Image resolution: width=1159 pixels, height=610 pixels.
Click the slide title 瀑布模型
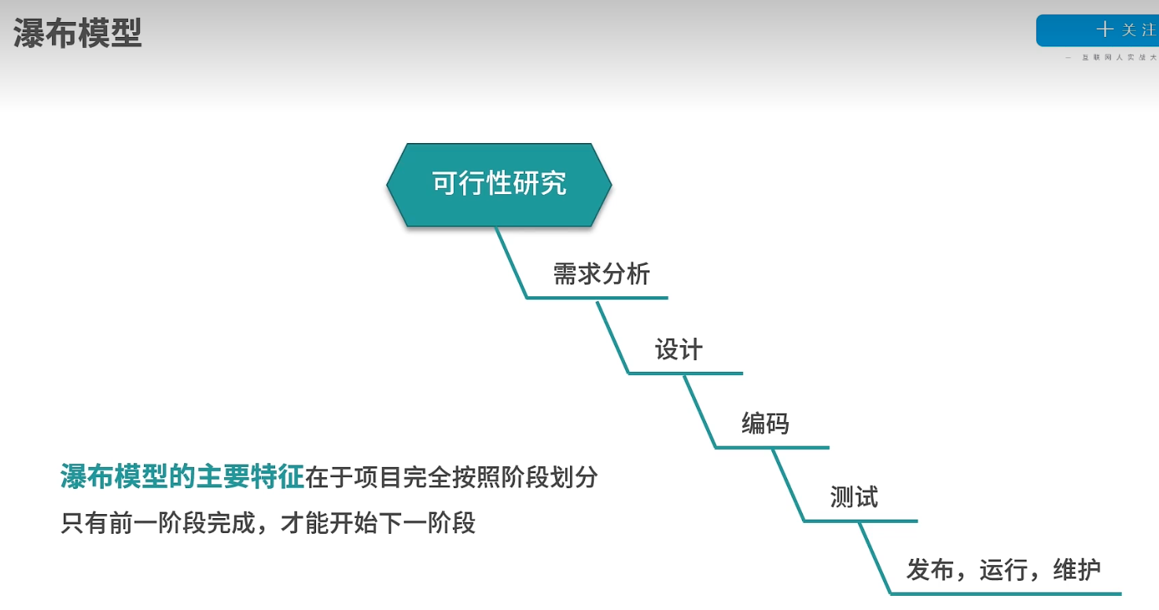(x=77, y=34)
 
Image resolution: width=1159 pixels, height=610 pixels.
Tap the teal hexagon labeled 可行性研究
(x=499, y=185)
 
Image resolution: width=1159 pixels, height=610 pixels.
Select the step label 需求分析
(x=602, y=274)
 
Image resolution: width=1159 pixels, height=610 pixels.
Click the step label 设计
(x=678, y=350)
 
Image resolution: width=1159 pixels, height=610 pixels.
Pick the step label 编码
(x=765, y=424)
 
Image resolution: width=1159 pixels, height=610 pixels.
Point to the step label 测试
(x=854, y=497)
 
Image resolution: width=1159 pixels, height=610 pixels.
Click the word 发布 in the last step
(x=930, y=570)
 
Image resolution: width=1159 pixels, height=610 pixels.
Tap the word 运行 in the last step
(x=1003, y=570)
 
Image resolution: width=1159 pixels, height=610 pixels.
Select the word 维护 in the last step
(x=1076, y=570)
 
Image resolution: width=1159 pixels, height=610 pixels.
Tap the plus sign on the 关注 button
(x=1105, y=30)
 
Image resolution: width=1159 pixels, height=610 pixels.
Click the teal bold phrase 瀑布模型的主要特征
(x=182, y=477)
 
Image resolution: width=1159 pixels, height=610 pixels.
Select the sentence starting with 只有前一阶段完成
(x=268, y=523)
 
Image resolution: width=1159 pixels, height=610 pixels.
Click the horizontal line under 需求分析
(x=598, y=298)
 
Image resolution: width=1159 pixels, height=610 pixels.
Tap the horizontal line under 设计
(x=686, y=373)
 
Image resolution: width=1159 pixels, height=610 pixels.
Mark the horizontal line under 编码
(x=772, y=447)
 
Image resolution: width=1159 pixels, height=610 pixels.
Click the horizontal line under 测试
(x=860, y=520)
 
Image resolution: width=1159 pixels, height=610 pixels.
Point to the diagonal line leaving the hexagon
(x=511, y=263)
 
